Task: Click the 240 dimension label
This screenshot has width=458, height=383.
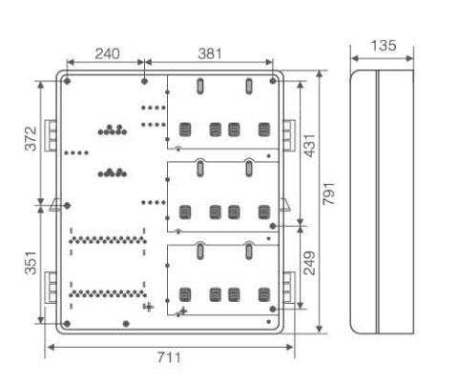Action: coord(107,53)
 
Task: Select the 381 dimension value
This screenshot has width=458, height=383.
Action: coord(210,53)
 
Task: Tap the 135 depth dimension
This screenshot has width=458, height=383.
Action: coord(384,46)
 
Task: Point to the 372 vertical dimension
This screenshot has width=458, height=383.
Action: coord(31,138)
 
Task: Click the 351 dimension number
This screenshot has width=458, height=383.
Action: coord(31,263)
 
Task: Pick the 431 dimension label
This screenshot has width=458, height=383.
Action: coord(310,146)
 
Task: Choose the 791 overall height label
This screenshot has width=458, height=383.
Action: coord(328,193)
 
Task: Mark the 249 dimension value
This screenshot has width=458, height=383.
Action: coord(309,263)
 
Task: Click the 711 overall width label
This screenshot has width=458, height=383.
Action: coord(169,357)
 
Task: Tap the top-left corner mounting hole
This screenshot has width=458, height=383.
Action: coord(67,81)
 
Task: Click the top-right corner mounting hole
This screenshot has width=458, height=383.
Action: coord(273,81)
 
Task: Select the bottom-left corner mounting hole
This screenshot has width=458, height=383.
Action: coord(67,324)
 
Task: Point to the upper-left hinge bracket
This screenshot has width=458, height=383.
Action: coord(51,135)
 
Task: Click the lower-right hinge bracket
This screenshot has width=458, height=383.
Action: coord(289,288)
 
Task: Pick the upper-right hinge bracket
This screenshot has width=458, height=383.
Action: coord(289,135)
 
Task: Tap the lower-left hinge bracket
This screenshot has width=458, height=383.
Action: coord(51,288)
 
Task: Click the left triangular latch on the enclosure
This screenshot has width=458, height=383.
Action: coord(54,205)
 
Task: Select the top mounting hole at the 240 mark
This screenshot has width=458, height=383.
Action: coord(144,81)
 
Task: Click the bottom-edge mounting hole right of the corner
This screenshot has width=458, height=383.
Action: coord(126,324)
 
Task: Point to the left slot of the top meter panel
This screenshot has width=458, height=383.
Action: coord(200,86)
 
